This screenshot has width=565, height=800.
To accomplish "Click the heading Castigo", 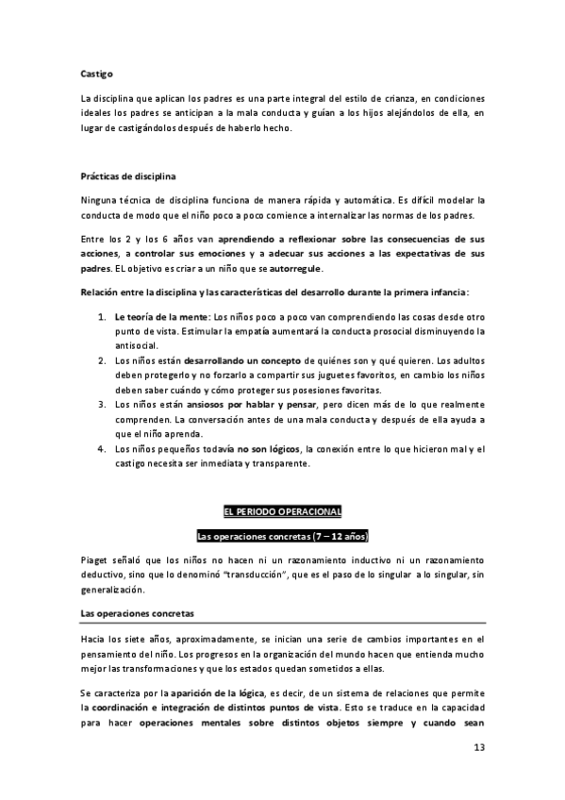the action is [x=97, y=70].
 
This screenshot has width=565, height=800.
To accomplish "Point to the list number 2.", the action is [x=101, y=360].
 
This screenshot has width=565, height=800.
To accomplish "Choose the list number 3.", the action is [x=101, y=403].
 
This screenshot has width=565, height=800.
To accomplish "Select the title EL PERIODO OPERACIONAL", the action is [x=282, y=511].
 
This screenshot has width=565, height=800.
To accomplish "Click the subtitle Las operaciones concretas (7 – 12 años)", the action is [x=282, y=536].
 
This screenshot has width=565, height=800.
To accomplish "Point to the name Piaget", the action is [x=97, y=559].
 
